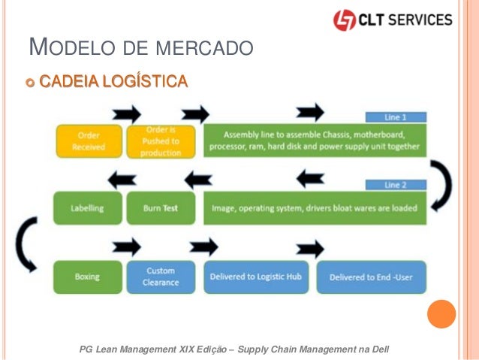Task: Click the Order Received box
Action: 88,141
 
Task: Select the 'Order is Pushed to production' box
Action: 162,141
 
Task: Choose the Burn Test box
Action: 161,208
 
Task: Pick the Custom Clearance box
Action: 161,277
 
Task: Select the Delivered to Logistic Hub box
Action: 255,277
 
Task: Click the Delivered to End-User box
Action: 371,277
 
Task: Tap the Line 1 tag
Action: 396,118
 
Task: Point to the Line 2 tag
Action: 396,185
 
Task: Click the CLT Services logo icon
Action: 345,20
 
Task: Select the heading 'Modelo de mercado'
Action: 139,50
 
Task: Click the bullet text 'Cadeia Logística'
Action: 113,80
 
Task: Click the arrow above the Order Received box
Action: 125,113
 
